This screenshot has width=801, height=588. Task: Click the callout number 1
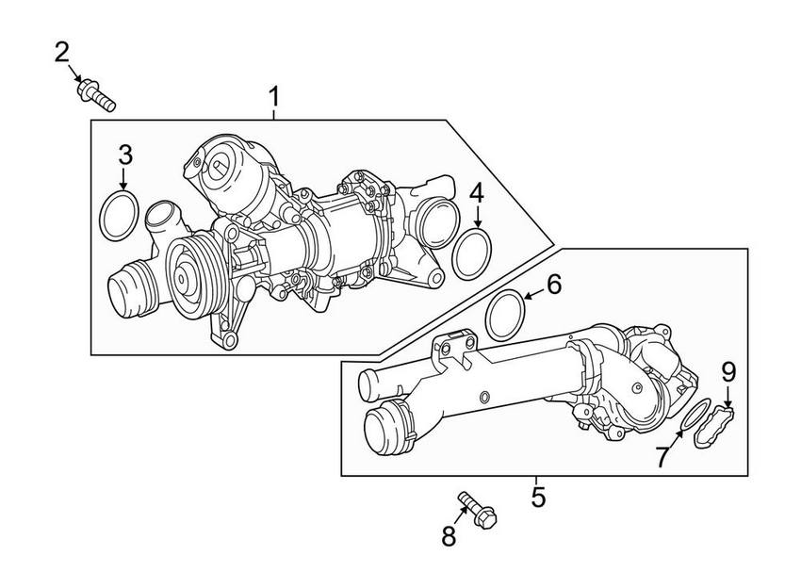click(x=274, y=96)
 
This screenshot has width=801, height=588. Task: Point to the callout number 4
click(x=477, y=194)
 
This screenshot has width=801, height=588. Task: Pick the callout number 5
click(x=538, y=496)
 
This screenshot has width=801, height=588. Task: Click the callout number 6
click(x=553, y=283)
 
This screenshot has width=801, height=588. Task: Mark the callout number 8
click(x=449, y=537)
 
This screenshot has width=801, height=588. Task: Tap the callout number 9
click(x=727, y=371)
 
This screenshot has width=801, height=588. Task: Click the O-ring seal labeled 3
click(x=119, y=217)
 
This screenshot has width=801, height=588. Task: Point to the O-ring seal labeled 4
click(x=472, y=257)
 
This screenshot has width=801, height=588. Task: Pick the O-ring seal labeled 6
click(x=509, y=315)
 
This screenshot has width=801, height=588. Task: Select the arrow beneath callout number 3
click(x=123, y=180)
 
